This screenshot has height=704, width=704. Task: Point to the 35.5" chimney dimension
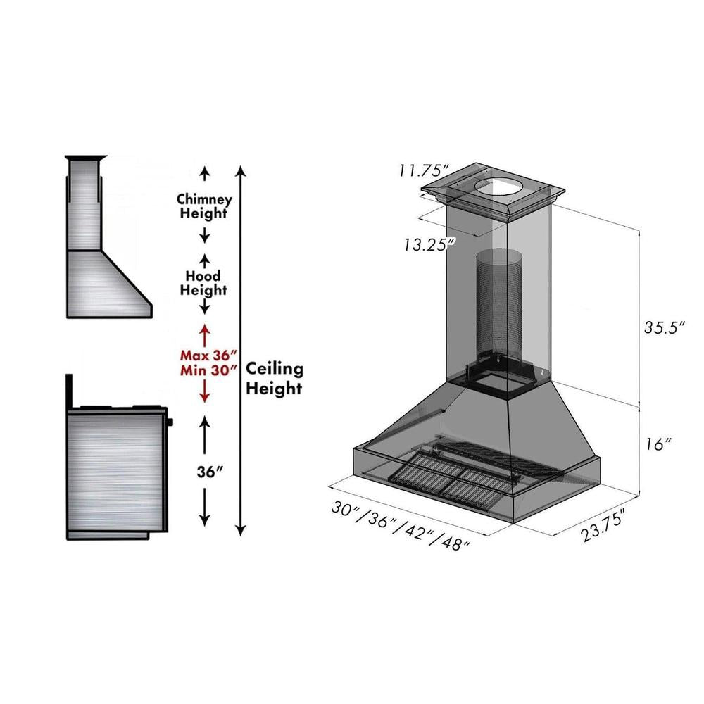(x=665, y=328)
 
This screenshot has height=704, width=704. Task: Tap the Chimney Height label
(x=204, y=206)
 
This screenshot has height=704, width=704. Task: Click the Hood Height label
(x=203, y=282)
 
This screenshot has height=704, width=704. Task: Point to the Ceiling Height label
(x=274, y=378)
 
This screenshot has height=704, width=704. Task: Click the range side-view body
(x=116, y=472)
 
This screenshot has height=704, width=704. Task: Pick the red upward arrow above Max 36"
(x=205, y=331)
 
